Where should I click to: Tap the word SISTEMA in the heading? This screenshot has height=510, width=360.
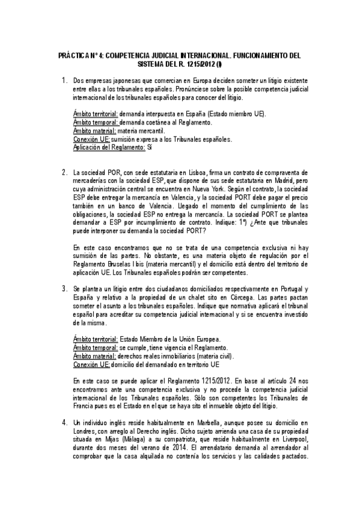coord(151,63)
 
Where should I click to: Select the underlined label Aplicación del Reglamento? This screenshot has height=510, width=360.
coord(100,147)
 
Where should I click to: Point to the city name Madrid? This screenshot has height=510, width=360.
coord(290,181)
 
